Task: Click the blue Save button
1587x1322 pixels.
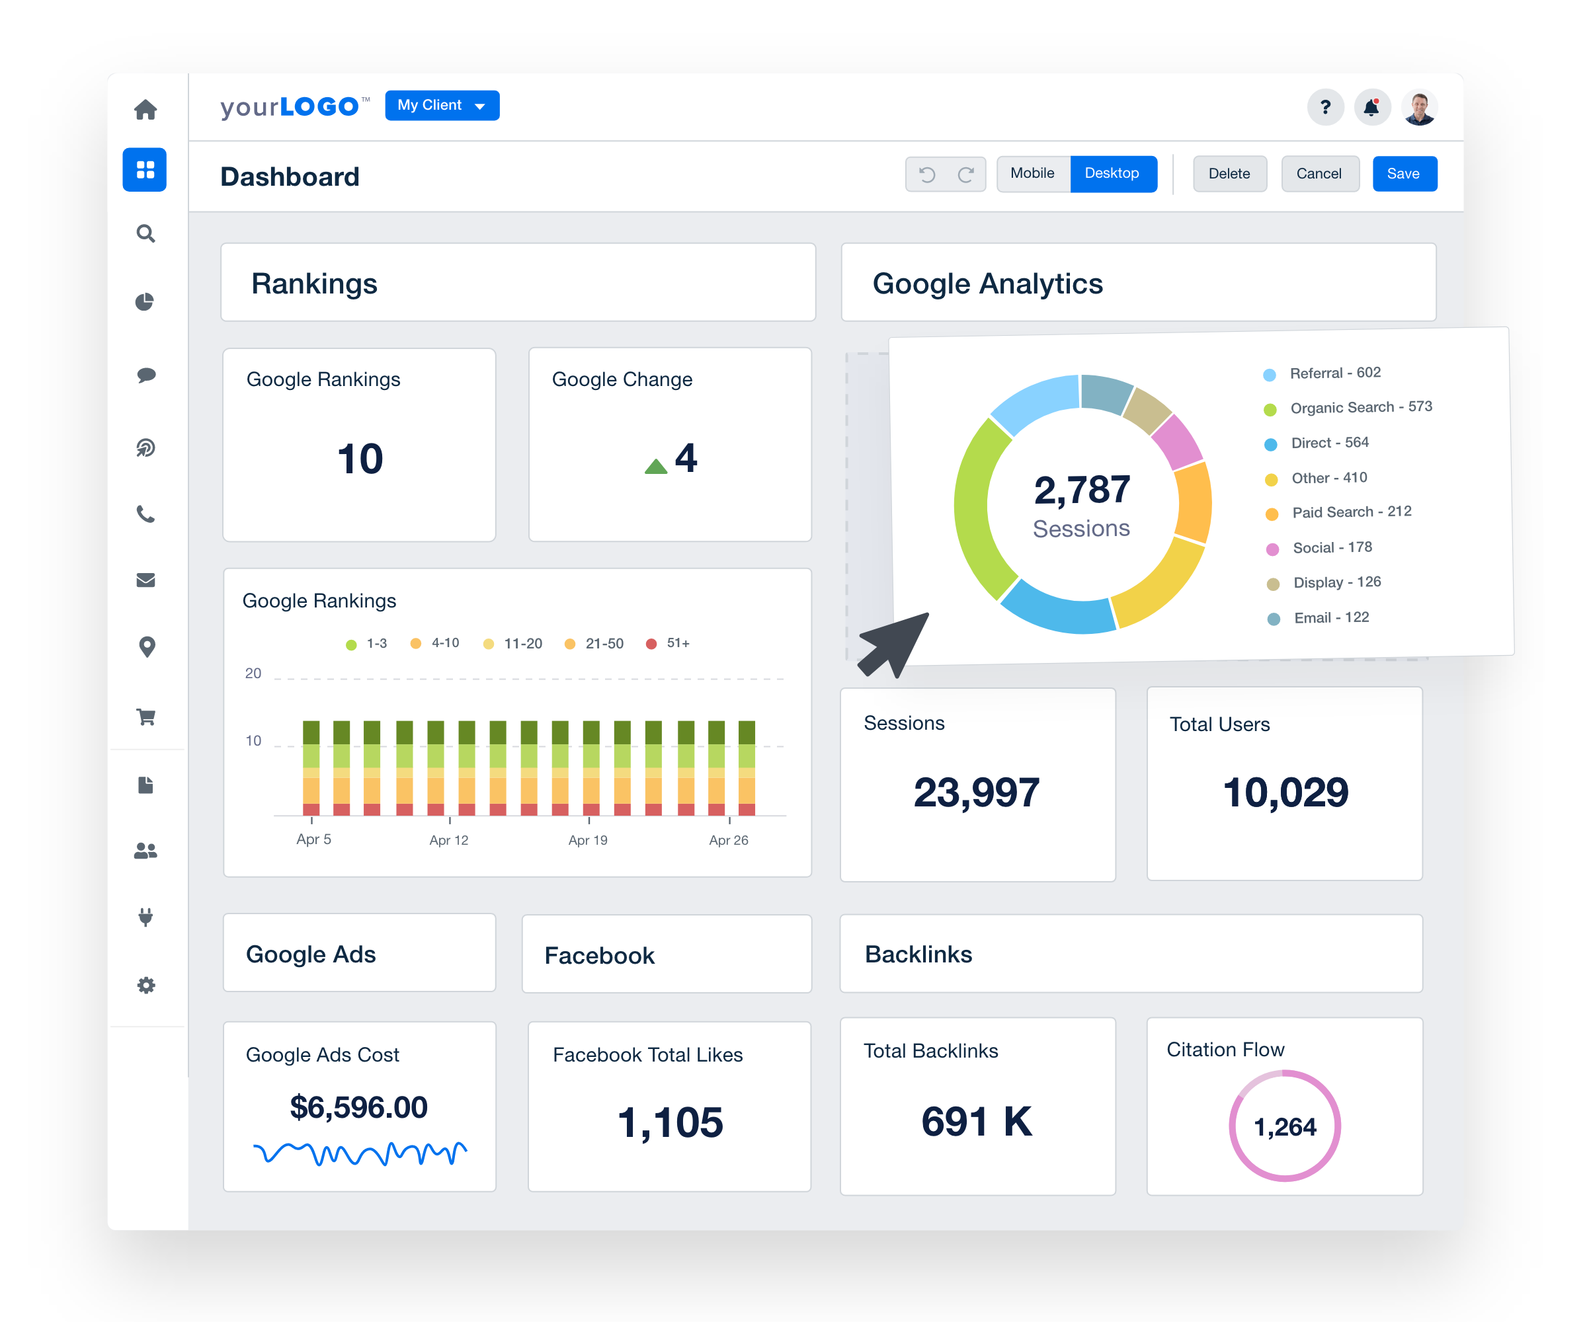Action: pyautogui.click(x=1403, y=174)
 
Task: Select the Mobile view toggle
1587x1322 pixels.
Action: pyautogui.click(x=1032, y=174)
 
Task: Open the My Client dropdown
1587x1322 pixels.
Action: pyautogui.click(x=442, y=106)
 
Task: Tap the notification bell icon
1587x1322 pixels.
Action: pyautogui.click(x=1371, y=108)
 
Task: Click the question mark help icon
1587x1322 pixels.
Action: pyautogui.click(x=1324, y=108)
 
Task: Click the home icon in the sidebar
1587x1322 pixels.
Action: pyautogui.click(x=146, y=110)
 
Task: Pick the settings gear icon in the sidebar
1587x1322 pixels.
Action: pyautogui.click(x=146, y=985)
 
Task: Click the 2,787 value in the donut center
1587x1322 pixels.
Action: pyautogui.click(x=1082, y=490)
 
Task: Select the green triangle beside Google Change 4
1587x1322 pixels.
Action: pyautogui.click(x=656, y=466)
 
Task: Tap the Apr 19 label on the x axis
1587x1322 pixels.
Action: pyautogui.click(x=588, y=840)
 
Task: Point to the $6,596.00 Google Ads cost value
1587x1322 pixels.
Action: pyautogui.click(x=359, y=1107)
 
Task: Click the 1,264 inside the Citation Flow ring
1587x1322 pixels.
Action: pyautogui.click(x=1285, y=1127)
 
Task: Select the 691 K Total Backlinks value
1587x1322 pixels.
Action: pyautogui.click(x=977, y=1122)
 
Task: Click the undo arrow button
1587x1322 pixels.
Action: pyautogui.click(x=927, y=175)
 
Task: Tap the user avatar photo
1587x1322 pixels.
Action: pyautogui.click(x=1419, y=108)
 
